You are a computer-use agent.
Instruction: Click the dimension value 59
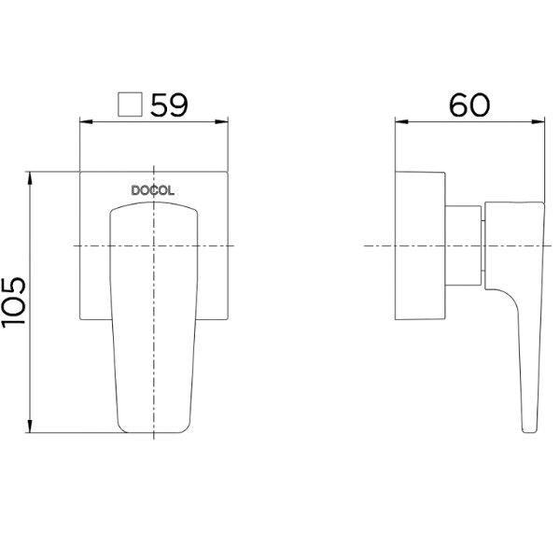point(169,105)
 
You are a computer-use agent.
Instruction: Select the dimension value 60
point(469,105)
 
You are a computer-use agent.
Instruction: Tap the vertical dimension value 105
point(14,302)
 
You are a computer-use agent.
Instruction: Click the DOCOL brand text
point(153,190)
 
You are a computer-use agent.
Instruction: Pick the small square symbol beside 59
point(131,105)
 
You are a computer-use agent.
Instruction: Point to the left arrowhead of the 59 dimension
point(86,121)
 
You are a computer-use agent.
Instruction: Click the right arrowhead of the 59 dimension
point(221,121)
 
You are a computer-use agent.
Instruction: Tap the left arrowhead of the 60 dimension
point(401,121)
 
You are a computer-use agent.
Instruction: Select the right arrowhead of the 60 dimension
point(539,121)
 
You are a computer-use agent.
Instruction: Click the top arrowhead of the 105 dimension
point(30,178)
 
